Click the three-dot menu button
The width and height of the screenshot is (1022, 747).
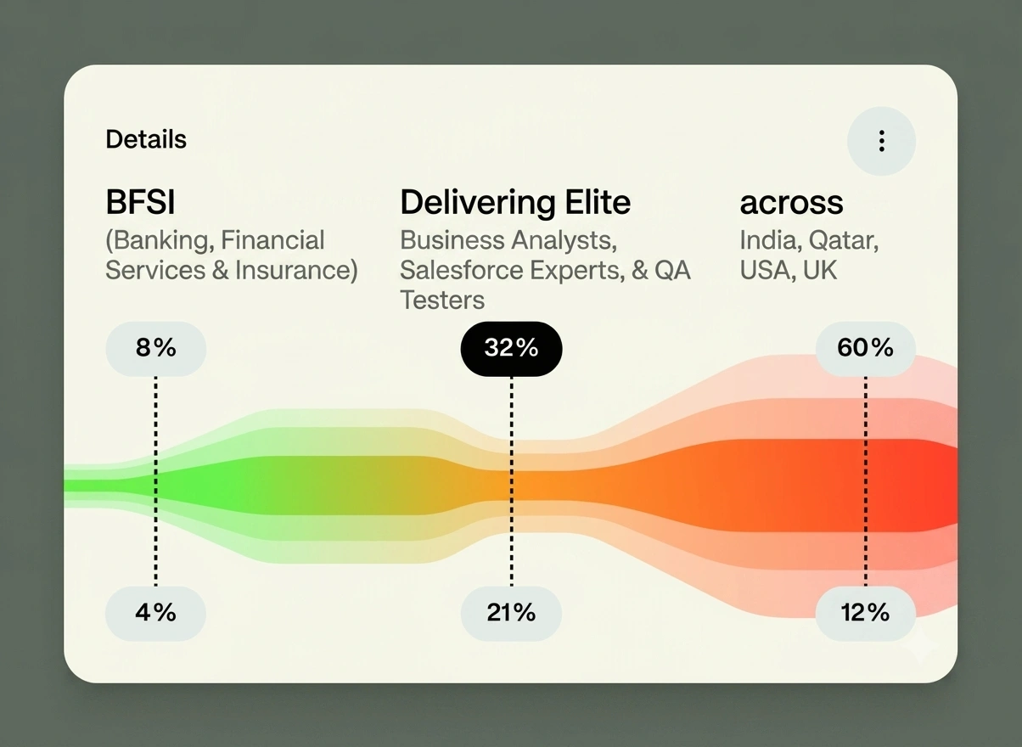[881, 141]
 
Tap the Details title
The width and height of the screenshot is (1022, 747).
[146, 139]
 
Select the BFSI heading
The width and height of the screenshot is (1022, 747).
[141, 202]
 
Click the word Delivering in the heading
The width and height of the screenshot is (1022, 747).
[478, 203]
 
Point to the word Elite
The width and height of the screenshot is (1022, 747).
[598, 202]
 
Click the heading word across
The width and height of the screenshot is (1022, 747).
[792, 203]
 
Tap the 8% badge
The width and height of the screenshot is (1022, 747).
[156, 349]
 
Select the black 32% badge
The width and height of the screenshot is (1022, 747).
[512, 349]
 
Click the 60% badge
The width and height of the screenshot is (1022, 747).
[866, 349]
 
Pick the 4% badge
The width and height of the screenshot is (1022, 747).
[155, 613]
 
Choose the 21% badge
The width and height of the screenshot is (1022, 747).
[511, 613]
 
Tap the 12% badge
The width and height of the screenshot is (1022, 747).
[866, 613]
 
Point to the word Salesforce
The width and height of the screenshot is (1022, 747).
[461, 270]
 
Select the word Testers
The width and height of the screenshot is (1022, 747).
[442, 300]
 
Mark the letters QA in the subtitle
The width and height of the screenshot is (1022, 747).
[672, 270]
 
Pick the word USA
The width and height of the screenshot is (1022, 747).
[768, 270]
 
